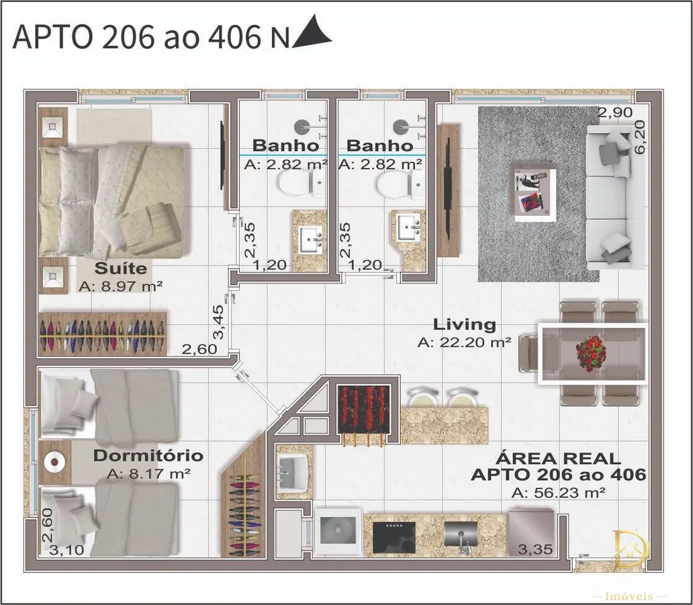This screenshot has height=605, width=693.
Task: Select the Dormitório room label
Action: [x=148, y=455]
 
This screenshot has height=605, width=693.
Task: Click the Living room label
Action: [x=465, y=325]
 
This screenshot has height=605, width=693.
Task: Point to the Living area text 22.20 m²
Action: [x=465, y=342]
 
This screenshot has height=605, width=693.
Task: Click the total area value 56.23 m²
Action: [x=558, y=493]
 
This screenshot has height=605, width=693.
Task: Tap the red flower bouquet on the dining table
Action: [x=591, y=353]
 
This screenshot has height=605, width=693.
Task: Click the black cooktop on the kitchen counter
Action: [x=394, y=537]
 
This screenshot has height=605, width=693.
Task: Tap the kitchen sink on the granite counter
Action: [x=460, y=536]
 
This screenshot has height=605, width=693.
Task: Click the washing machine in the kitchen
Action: [x=338, y=532]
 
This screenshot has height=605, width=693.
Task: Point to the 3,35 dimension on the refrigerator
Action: [x=535, y=550]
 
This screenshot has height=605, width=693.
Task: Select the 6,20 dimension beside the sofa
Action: [x=639, y=136]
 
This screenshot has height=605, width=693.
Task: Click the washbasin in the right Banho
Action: [x=408, y=227]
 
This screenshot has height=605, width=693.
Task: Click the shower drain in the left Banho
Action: [x=302, y=127]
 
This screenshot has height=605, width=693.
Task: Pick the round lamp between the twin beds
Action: [x=54, y=462]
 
